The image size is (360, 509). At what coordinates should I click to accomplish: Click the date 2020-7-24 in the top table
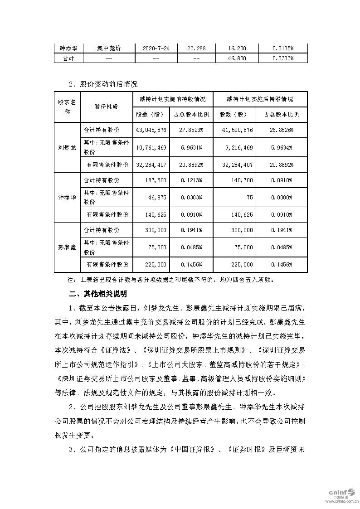pyautogui.click(x=156, y=48)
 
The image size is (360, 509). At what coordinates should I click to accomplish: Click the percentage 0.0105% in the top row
pyautogui.click(x=283, y=48)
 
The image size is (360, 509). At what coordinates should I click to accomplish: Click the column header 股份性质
pyautogui.click(x=106, y=107)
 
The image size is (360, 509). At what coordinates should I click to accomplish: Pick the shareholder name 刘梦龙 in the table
pyautogui.click(x=67, y=147)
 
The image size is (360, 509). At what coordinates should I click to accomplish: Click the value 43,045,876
pyautogui.click(x=151, y=130)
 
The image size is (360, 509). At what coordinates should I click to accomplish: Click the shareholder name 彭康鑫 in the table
pyautogui.click(x=67, y=247)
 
